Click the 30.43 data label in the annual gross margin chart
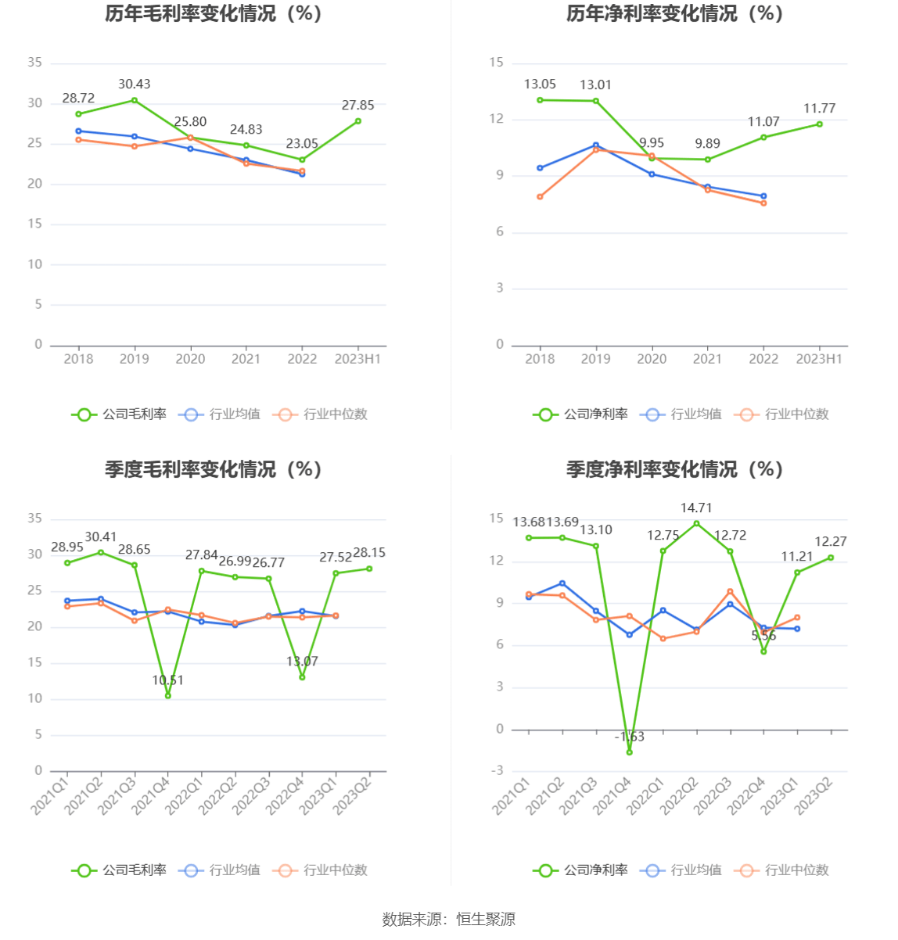(x=134, y=84)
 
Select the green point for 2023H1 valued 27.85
(x=357, y=121)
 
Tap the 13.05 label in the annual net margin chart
(x=540, y=84)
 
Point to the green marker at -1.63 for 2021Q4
(x=629, y=752)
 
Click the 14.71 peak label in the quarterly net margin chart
(x=696, y=508)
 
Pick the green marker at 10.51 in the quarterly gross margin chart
(x=167, y=695)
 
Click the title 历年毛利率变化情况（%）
(x=214, y=14)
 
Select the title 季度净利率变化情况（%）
(x=674, y=469)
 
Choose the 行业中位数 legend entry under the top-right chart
(x=782, y=414)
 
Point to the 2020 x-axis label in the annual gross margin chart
(x=190, y=359)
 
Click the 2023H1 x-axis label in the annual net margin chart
(x=819, y=359)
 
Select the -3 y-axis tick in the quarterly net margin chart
(x=497, y=771)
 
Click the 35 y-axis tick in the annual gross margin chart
(x=35, y=63)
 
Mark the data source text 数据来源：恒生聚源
(x=449, y=920)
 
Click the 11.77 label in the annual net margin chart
(x=820, y=109)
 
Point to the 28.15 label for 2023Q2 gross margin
(x=369, y=553)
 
